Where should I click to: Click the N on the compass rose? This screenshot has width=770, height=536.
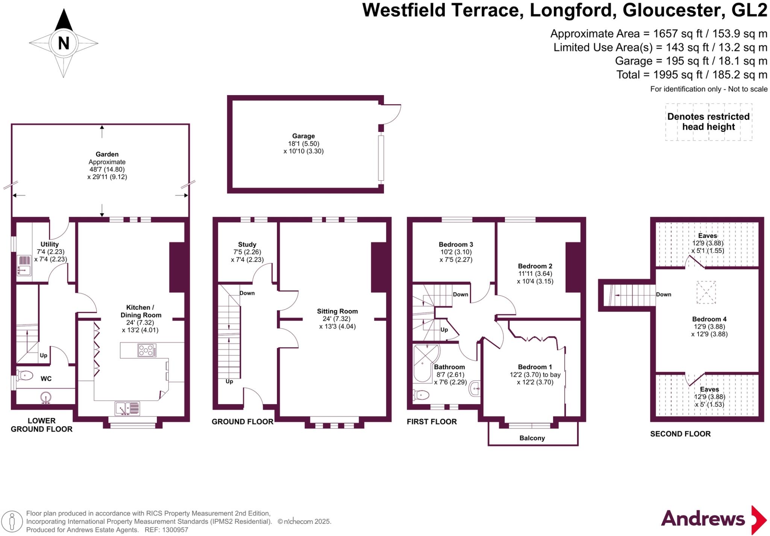coord(64,43)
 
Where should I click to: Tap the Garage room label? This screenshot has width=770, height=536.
coord(303,136)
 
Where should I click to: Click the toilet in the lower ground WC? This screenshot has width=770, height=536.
coord(25,375)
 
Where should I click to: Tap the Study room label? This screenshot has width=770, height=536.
coord(247,244)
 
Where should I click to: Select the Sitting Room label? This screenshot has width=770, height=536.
coord(337,311)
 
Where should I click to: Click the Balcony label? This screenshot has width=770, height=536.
coord(532,438)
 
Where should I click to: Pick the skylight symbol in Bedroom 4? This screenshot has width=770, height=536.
coord(706,292)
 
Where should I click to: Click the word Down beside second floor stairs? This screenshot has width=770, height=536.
coord(664,294)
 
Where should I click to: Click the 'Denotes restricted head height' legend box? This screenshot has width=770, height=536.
coord(708,122)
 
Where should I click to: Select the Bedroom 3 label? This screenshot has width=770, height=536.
coord(456,244)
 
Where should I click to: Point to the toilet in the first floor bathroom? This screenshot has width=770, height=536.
coord(422,395)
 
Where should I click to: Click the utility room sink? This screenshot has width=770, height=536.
coord(24,270)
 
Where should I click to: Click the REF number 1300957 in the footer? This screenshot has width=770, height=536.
coord(174,530)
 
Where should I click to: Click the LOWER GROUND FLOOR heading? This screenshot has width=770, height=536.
coord(41,425)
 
